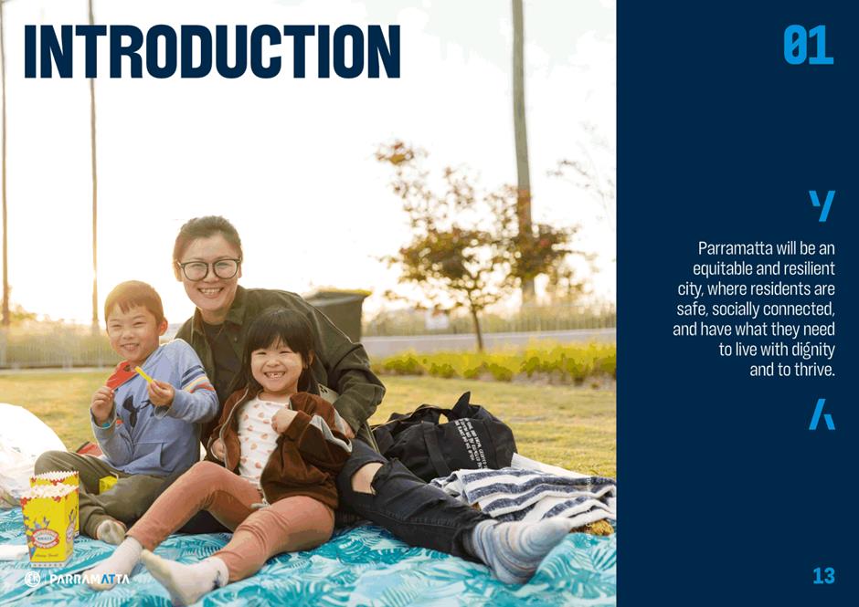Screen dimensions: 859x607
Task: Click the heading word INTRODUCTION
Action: [x=212, y=51]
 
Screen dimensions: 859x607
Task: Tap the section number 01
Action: [x=808, y=46]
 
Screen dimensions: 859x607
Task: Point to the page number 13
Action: [x=823, y=576]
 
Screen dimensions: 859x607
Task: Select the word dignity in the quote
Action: [x=813, y=351]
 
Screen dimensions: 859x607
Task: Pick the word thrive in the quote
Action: [x=814, y=370]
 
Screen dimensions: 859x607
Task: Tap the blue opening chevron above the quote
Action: [x=822, y=205]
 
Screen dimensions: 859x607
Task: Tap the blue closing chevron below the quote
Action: [x=822, y=413]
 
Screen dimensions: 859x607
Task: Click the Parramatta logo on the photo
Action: [x=77, y=579]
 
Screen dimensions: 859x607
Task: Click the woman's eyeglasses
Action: [x=209, y=269]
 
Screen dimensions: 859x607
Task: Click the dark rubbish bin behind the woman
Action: [x=337, y=314]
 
